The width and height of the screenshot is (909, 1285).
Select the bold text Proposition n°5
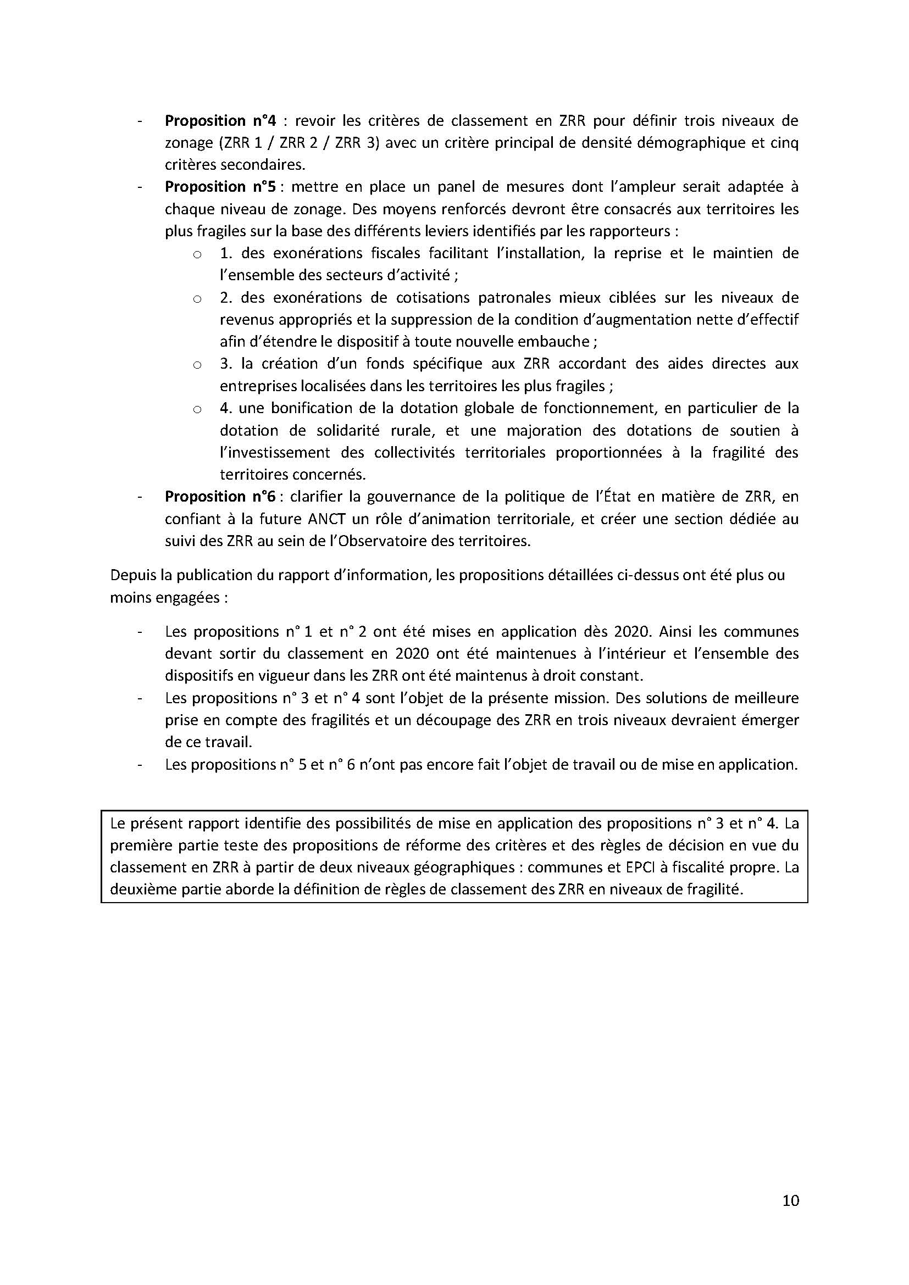(220, 187)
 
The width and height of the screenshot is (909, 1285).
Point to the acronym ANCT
(328, 519)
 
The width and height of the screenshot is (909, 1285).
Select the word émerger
(769, 720)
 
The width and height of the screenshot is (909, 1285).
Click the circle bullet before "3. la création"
(197, 365)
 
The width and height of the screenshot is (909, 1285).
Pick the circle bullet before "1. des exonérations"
(197, 255)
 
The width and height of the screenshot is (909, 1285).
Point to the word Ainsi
(676, 632)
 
